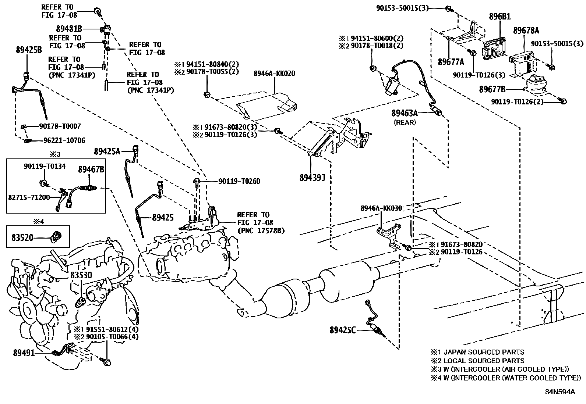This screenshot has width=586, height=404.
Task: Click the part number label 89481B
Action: [x=69, y=28]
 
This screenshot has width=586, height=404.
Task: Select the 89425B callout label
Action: [x=29, y=50]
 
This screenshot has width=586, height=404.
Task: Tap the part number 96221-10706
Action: [x=64, y=140]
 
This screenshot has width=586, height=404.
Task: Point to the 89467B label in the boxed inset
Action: [x=91, y=169]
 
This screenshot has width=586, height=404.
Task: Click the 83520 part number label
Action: [x=22, y=237]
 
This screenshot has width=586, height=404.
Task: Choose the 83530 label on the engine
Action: [x=81, y=275]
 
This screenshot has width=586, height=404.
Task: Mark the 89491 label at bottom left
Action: [x=24, y=353]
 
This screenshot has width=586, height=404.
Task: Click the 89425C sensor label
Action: [x=343, y=330]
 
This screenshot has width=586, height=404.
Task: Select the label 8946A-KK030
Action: [x=381, y=208]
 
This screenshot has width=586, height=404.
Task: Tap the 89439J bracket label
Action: [x=312, y=178]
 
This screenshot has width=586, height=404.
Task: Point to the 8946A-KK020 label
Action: [x=275, y=74]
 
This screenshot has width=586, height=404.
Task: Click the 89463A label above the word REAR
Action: [x=405, y=113]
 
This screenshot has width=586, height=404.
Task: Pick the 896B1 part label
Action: [x=499, y=17]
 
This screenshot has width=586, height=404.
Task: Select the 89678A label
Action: [x=526, y=31]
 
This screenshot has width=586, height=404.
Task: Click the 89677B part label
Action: [x=492, y=89]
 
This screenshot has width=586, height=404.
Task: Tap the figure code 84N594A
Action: [x=560, y=392]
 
